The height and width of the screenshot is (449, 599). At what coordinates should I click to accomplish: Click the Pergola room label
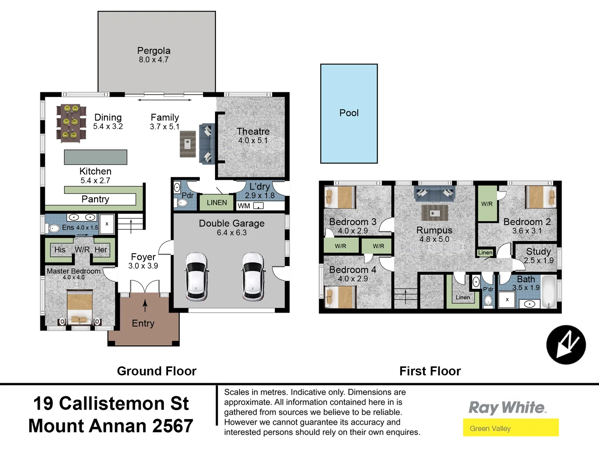(x=153, y=51)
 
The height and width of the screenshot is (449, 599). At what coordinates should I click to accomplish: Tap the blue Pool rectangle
(x=349, y=113)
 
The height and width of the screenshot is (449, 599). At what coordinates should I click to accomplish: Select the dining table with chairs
(x=71, y=123)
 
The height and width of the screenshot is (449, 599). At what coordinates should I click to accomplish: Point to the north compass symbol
(x=566, y=345)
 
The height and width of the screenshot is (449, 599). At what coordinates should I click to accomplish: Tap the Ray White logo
(x=507, y=407)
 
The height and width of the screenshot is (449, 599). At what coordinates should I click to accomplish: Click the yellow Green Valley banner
(x=510, y=428)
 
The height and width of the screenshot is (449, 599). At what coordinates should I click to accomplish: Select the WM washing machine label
(x=244, y=206)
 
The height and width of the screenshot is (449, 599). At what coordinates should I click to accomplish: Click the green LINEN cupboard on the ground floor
(x=217, y=202)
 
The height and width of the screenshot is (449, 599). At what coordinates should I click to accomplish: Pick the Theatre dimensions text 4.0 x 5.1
(x=253, y=141)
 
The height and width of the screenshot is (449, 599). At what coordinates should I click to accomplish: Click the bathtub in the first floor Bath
(x=549, y=291)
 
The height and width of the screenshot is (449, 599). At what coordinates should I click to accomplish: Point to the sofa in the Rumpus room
(x=434, y=193)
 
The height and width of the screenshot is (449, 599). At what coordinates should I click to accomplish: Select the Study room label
(x=538, y=252)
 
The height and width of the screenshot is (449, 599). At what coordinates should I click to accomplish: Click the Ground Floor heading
(x=156, y=371)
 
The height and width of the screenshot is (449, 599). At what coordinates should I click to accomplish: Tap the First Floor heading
(x=430, y=371)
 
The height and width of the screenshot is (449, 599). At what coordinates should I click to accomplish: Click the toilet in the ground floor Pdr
(x=182, y=203)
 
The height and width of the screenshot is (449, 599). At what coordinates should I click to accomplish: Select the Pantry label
(x=95, y=199)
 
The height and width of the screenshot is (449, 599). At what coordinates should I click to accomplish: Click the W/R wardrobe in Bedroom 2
(x=487, y=204)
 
